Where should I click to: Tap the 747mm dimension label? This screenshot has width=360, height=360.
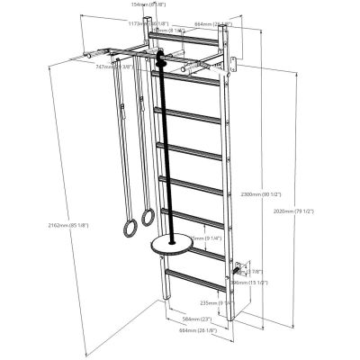tap(105, 67)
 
